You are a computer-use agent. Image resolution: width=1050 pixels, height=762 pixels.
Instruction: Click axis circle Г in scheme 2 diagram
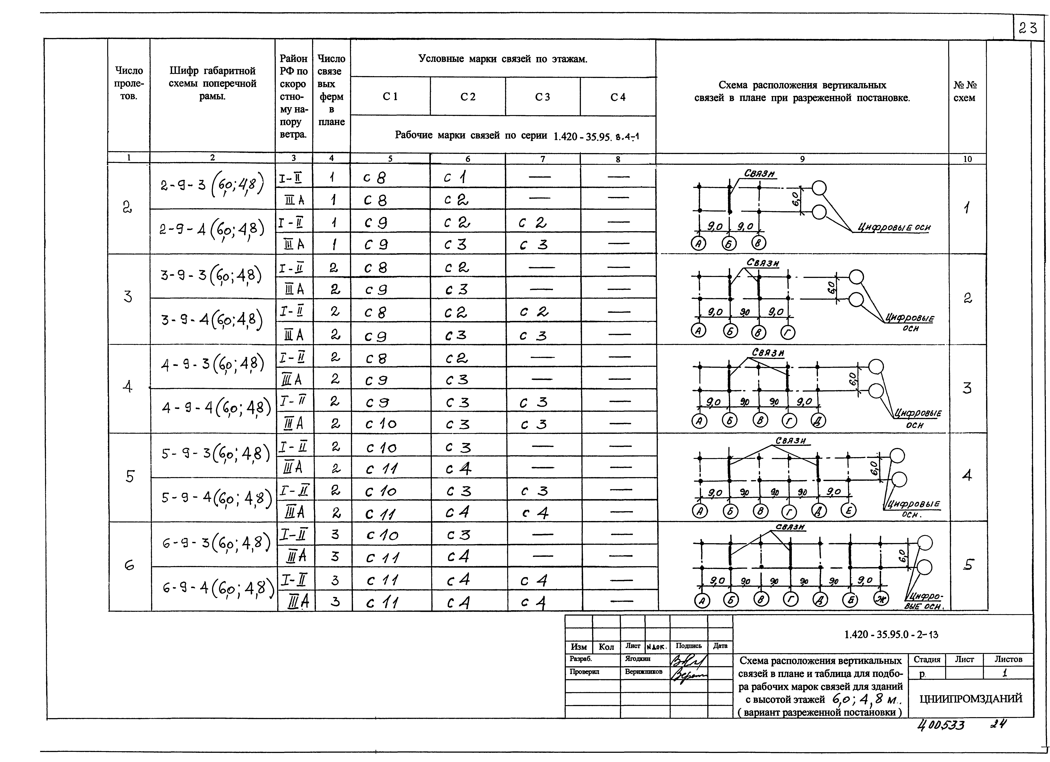tap(788, 332)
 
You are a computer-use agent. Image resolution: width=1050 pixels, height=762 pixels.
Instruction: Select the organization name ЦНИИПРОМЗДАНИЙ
tap(970, 699)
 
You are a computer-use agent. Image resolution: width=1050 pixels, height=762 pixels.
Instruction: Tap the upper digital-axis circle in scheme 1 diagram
tap(819, 188)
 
